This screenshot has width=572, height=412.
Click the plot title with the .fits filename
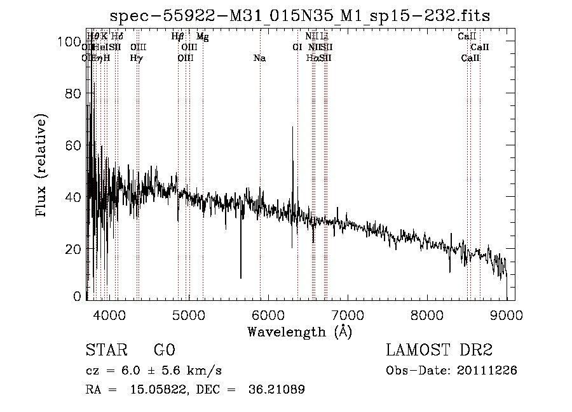299,15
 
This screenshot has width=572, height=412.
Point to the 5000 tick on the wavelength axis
189,314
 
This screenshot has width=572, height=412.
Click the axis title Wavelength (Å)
299,331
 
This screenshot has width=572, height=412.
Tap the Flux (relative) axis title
43,166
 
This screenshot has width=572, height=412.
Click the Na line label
259,58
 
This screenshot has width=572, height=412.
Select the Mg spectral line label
202,37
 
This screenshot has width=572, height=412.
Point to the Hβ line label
178,37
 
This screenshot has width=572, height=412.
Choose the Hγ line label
136,58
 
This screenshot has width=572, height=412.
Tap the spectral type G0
164,350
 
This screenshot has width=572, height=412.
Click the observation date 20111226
487,370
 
